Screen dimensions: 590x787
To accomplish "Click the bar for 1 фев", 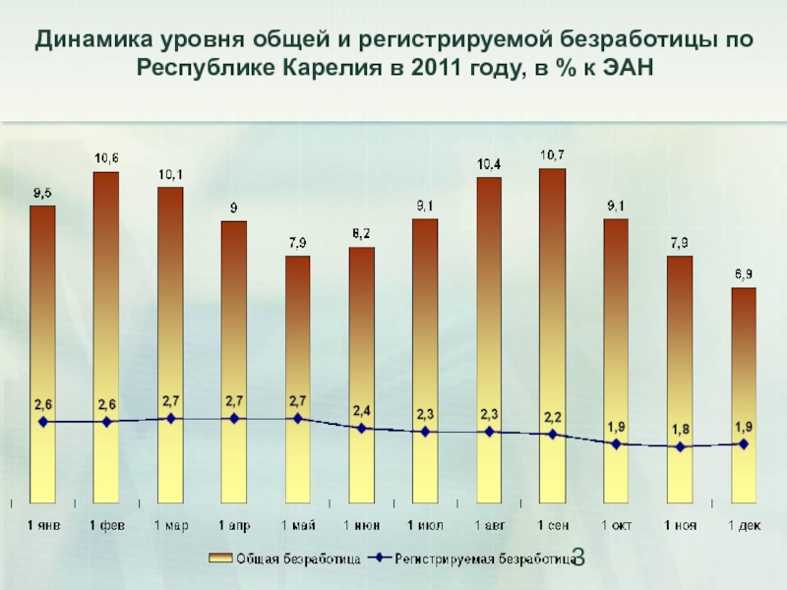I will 106,334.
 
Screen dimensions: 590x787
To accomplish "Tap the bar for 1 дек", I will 743,393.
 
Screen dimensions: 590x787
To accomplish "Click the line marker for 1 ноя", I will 680,447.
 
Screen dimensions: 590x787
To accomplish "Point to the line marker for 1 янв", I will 42,422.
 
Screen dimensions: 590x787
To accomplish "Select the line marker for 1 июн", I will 361,429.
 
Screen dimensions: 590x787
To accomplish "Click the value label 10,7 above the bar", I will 553,154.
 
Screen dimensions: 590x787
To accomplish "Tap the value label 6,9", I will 743,273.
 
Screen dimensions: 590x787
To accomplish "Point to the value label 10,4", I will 489,164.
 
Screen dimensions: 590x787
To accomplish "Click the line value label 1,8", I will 680,429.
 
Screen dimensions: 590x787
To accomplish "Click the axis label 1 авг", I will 489,526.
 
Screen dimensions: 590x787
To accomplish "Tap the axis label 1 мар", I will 170,526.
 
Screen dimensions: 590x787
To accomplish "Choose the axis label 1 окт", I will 616,526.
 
